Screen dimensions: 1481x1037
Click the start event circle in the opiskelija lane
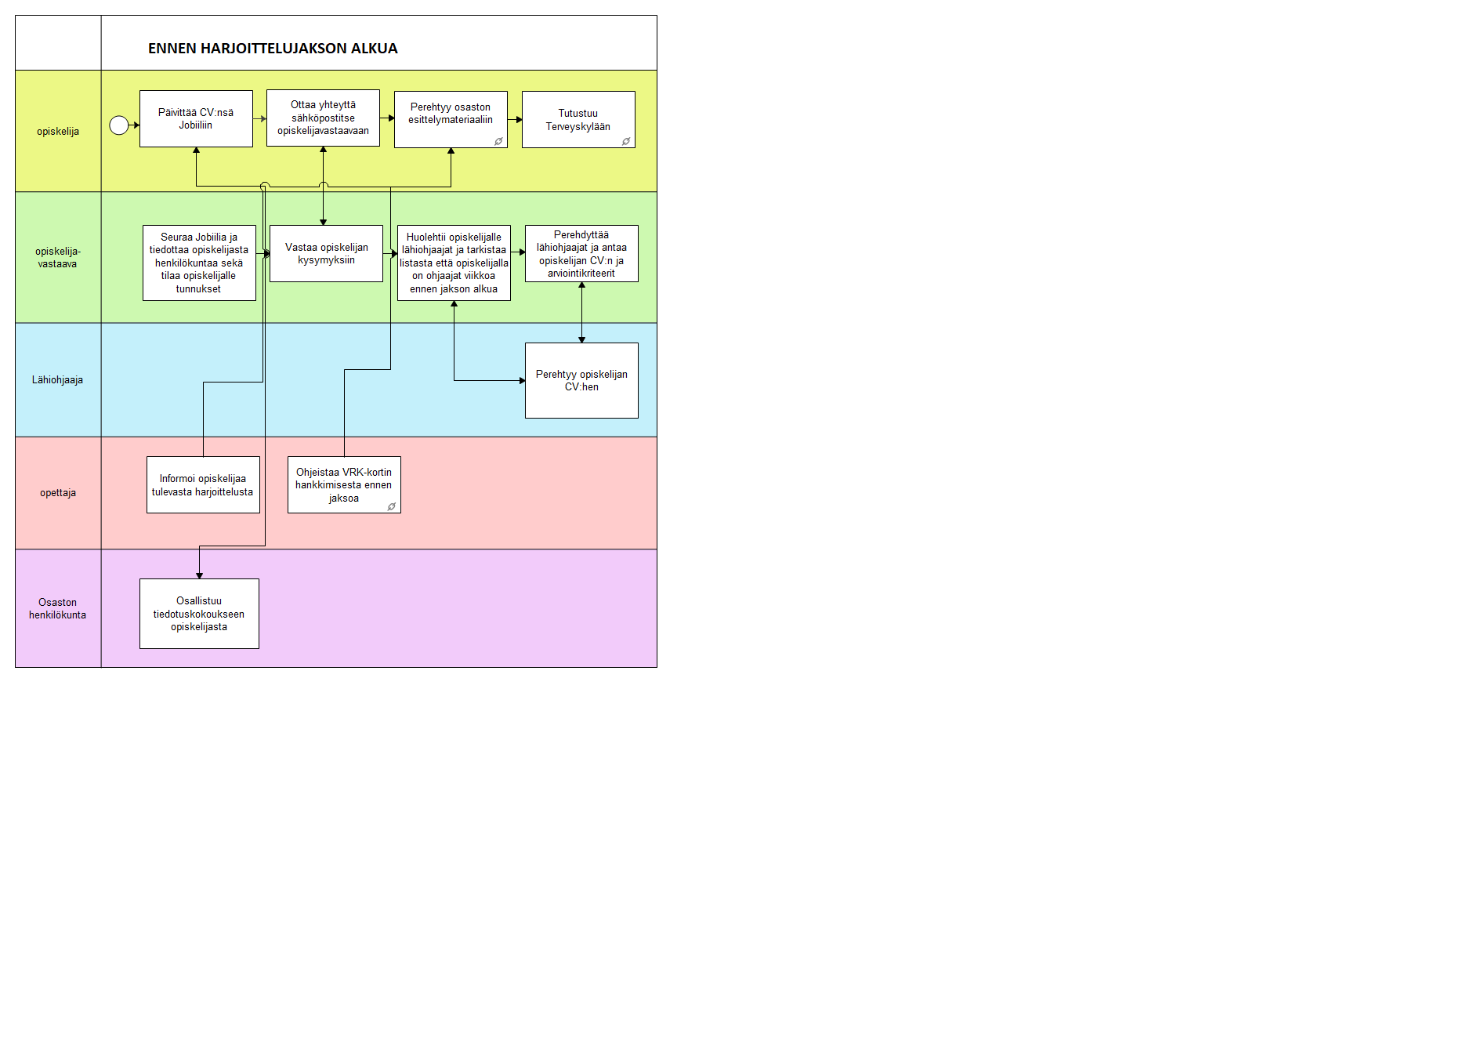pos(119,125)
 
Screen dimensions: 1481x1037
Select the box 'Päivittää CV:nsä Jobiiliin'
pos(196,118)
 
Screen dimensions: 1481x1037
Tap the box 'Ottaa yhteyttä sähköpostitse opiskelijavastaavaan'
pos(323,118)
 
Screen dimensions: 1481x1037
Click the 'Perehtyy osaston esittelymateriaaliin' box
pos(451,119)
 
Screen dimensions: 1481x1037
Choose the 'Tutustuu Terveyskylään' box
pos(578,119)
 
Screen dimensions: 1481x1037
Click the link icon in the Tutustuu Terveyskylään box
pos(626,142)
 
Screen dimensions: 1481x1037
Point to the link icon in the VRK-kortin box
pos(392,507)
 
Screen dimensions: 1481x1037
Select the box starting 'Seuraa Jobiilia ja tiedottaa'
pos(199,263)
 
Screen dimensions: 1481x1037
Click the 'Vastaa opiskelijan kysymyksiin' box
pos(326,253)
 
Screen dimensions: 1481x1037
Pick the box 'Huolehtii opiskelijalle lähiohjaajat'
pos(454,263)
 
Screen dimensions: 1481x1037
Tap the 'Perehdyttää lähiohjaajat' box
pos(581,253)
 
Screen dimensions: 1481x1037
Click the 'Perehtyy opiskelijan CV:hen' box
pos(581,380)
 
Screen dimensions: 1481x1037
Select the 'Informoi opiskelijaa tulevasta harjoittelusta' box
pos(203,484)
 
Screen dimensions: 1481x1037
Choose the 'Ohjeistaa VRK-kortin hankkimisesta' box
pos(344,484)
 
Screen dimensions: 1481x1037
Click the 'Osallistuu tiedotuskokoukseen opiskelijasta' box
pos(199,614)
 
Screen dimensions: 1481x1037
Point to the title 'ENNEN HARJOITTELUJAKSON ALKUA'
pos(273,49)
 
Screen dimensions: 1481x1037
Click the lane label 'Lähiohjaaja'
pos(57,380)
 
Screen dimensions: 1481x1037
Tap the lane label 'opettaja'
pos(58,493)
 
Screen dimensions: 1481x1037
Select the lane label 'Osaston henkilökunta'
pos(58,609)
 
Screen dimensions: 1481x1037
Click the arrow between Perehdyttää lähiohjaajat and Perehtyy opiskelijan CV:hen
pos(581,312)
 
